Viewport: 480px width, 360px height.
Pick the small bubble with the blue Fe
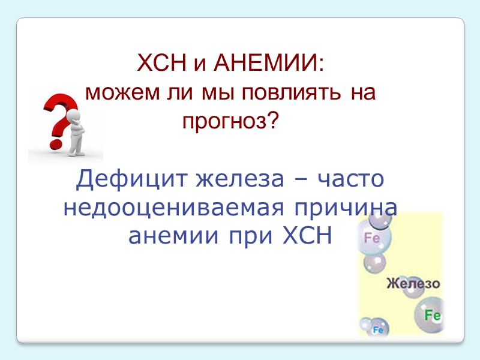tap(378, 329)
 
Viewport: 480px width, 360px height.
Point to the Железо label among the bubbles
tap(413, 283)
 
